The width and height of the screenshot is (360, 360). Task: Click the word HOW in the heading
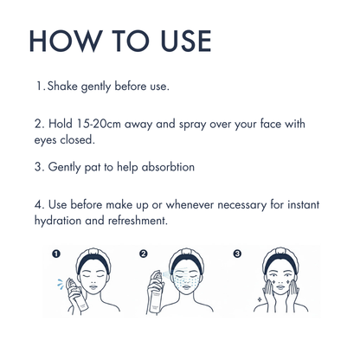[x=66, y=41]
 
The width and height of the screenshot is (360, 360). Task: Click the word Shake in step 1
[x=62, y=86]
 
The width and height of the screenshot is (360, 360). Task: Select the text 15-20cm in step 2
[x=99, y=124]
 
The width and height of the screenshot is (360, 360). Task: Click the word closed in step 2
[x=77, y=140]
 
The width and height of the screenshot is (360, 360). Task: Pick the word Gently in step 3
[x=64, y=168]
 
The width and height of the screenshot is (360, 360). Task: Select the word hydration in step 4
[x=58, y=221]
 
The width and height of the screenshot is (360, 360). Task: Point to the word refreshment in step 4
[x=138, y=221]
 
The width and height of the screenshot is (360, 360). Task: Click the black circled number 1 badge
[x=56, y=254]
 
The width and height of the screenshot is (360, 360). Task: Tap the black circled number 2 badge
[x=144, y=254]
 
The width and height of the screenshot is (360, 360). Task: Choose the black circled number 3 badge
[x=237, y=254]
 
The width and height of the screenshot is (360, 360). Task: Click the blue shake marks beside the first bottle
[x=61, y=283]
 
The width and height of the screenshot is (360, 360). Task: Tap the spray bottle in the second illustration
[x=156, y=292]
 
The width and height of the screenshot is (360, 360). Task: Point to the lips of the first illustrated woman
[x=93, y=287]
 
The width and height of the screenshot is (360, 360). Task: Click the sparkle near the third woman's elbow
[x=260, y=299]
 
